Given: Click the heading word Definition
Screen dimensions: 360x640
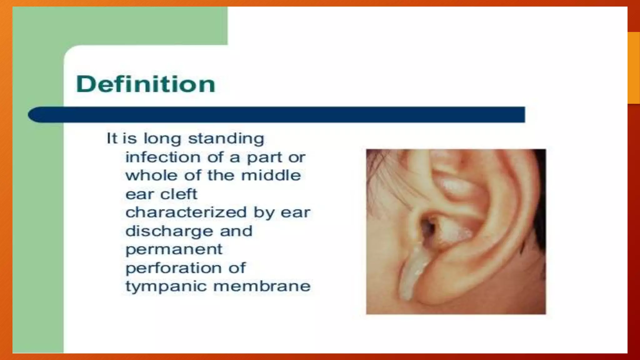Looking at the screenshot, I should click(x=146, y=84).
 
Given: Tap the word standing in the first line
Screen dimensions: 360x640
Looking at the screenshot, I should click(x=226, y=138).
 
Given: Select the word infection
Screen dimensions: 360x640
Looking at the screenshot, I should click(x=163, y=157).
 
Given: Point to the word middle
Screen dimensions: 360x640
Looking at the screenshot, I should click(x=271, y=175).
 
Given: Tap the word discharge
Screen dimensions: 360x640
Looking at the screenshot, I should click(x=168, y=231).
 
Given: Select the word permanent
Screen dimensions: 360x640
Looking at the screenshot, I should click(x=174, y=250).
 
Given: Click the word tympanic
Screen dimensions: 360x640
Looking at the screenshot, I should click(x=166, y=287).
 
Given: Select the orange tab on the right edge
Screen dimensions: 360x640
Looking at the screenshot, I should click(x=634, y=67).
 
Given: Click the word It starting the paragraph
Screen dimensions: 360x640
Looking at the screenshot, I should click(x=112, y=138).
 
